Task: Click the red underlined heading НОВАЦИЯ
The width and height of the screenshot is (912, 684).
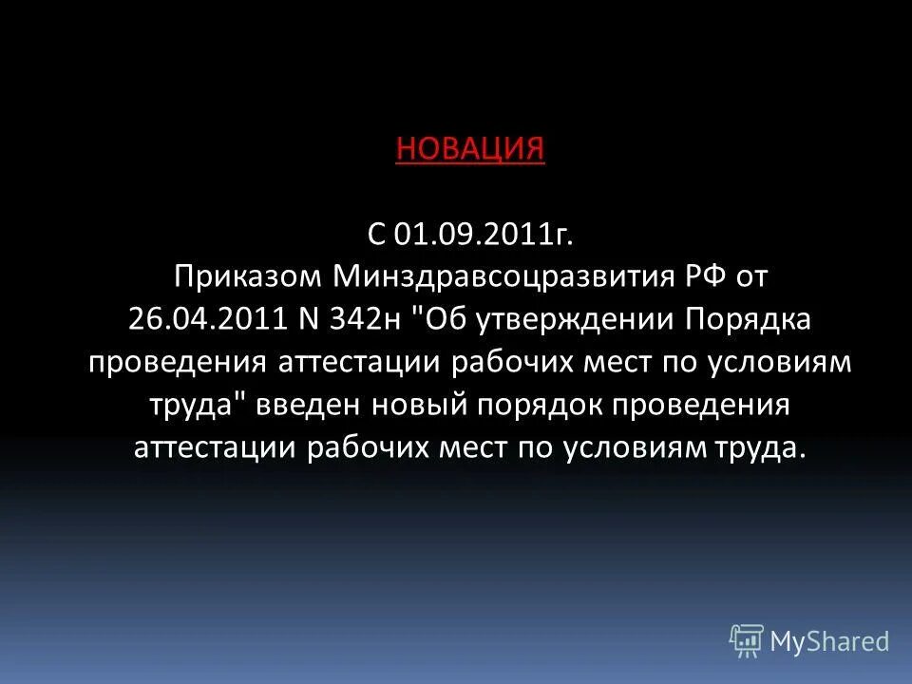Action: click(x=469, y=149)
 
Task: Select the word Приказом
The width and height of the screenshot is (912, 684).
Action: click(x=248, y=275)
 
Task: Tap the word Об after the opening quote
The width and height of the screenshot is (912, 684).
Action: click(x=443, y=318)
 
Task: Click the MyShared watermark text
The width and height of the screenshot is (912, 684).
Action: click(x=829, y=641)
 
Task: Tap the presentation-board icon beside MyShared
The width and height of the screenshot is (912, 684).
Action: click(x=747, y=641)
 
